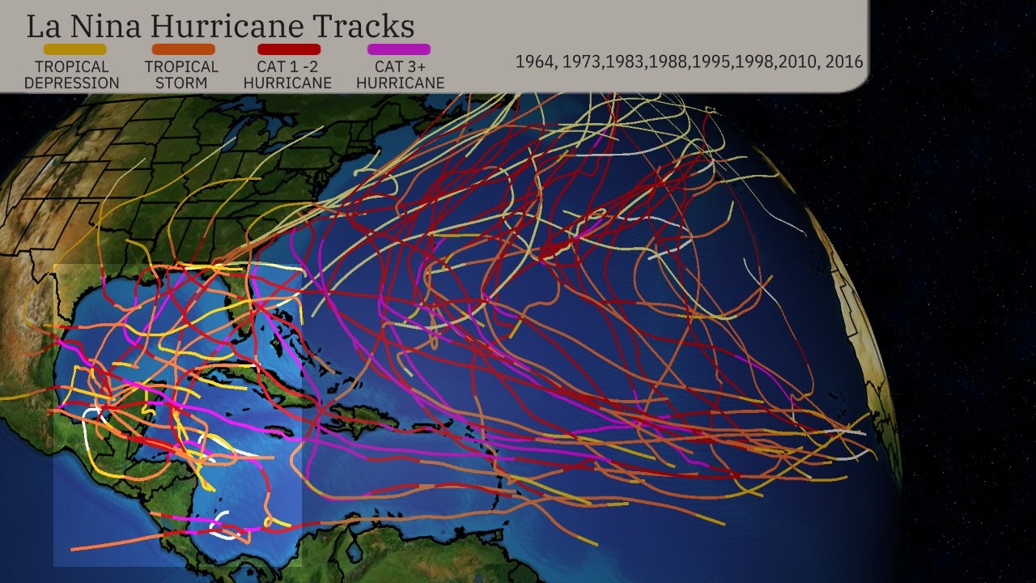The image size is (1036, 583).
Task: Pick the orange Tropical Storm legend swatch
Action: pyautogui.click(x=183, y=49)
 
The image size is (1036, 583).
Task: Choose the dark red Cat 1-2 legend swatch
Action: pyautogui.click(x=289, y=49)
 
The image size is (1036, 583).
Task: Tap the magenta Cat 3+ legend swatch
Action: pyautogui.click(x=399, y=49)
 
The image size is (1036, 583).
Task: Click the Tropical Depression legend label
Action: pyautogui.click(x=71, y=74)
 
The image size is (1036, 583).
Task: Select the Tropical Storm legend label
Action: pyautogui.click(x=181, y=74)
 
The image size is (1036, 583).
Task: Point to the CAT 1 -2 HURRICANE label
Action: pyautogui.click(x=287, y=74)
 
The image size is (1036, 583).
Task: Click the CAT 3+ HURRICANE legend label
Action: pyautogui.click(x=400, y=74)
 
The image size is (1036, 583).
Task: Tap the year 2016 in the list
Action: pyautogui.click(x=844, y=62)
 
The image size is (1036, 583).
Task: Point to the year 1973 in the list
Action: pyautogui.click(x=583, y=62)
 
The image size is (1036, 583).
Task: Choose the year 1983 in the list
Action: pyautogui.click(x=626, y=62)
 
